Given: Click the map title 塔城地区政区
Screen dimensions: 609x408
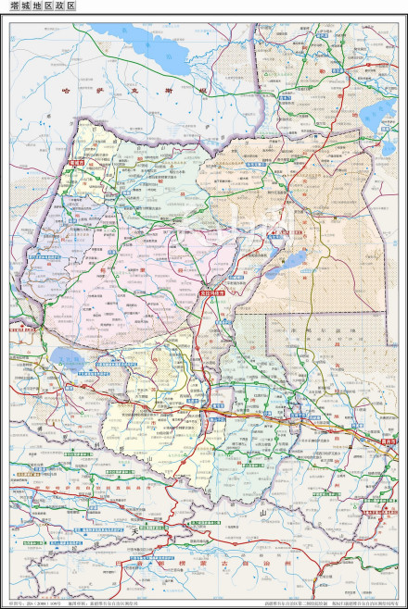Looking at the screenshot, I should (44, 6).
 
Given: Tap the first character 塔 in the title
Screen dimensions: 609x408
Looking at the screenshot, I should (16, 6).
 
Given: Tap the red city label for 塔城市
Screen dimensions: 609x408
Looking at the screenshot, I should (76, 163).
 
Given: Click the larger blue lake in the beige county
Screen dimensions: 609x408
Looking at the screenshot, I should (288, 267).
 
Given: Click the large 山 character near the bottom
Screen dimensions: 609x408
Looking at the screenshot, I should (263, 511).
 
